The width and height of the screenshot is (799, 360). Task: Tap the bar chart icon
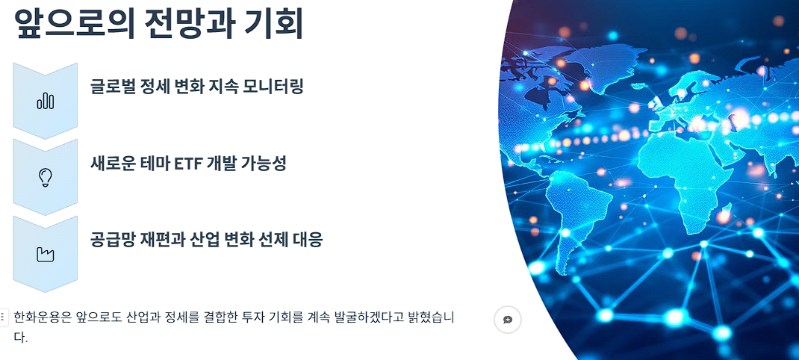pyautogui.click(x=46, y=101)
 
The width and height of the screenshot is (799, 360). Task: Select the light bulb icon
pyautogui.click(x=46, y=177)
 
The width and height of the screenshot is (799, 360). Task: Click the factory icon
pyautogui.click(x=46, y=255)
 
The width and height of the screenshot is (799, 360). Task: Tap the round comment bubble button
pyautogui.click(x=508, y=320)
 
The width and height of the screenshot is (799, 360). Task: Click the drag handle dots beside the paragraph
pyautogui.click(x=4, y=317)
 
